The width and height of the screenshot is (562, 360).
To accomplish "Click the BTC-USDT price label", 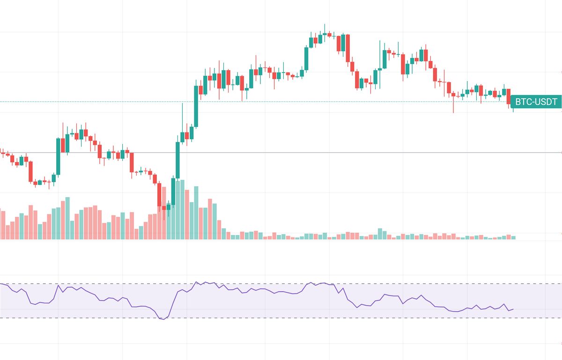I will pyautogui.click(x=536, y=102).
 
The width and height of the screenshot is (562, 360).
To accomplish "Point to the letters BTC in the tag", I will pyautogui.click(x=523, y=102).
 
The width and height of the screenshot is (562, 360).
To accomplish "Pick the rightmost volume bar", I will pyautogui.click(x=513, y=237).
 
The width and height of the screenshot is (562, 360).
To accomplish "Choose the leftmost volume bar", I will pyautogui.click(x=2, y=225).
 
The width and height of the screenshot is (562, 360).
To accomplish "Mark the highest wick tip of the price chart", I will pyautogui.click(x=325, y=25).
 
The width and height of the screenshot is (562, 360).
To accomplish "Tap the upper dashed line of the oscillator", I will pyautogui.click(x=281, y=284).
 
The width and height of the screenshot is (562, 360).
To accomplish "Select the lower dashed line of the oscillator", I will pyautogui.click(x=281, y=318).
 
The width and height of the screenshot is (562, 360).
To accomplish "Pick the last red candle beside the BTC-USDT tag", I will pyautogui.click(x=509, y=96).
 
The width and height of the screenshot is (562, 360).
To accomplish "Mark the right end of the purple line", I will pyautogui.click(x=514, y=309).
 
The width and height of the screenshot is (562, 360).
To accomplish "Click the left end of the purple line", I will pyautogui.click(x=1, y=283).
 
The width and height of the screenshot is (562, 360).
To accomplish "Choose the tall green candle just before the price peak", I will pyautogui.click(x=306, y=58).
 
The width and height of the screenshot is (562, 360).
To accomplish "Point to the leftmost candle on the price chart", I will pyautogui.click(x=2, y=152).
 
